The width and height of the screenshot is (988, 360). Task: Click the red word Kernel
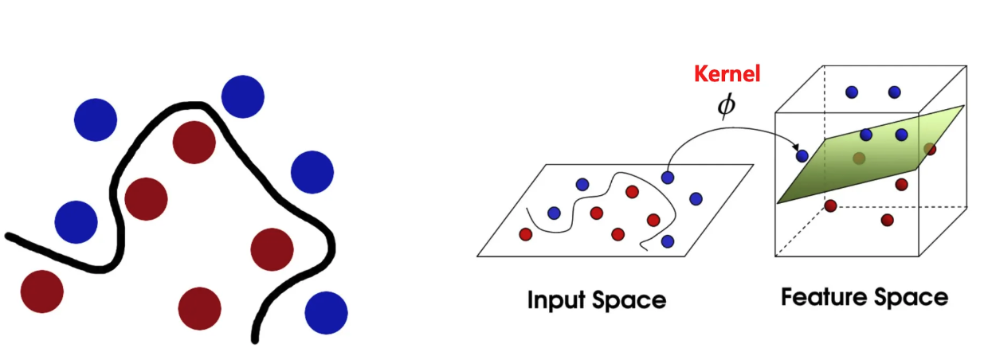pos(727,75)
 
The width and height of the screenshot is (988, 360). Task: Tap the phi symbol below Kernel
pos(726,105)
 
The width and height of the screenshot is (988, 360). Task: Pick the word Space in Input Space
pos(629,300)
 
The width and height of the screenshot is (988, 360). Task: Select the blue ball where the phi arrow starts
pos(668,178)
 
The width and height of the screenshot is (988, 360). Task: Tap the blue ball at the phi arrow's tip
pos(802,156)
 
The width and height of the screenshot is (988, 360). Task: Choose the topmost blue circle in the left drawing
pos(242,96)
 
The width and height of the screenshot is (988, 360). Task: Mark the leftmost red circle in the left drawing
pos(41,292)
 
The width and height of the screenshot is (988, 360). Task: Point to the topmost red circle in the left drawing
pos(194,143)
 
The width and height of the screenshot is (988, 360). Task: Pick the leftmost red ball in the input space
pos(525,234)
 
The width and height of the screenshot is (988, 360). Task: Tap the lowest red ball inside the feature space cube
pos(887,220)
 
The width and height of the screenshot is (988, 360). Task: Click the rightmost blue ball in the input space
pos(696,198)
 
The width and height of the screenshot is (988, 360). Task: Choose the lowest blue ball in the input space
pos(668,241)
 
